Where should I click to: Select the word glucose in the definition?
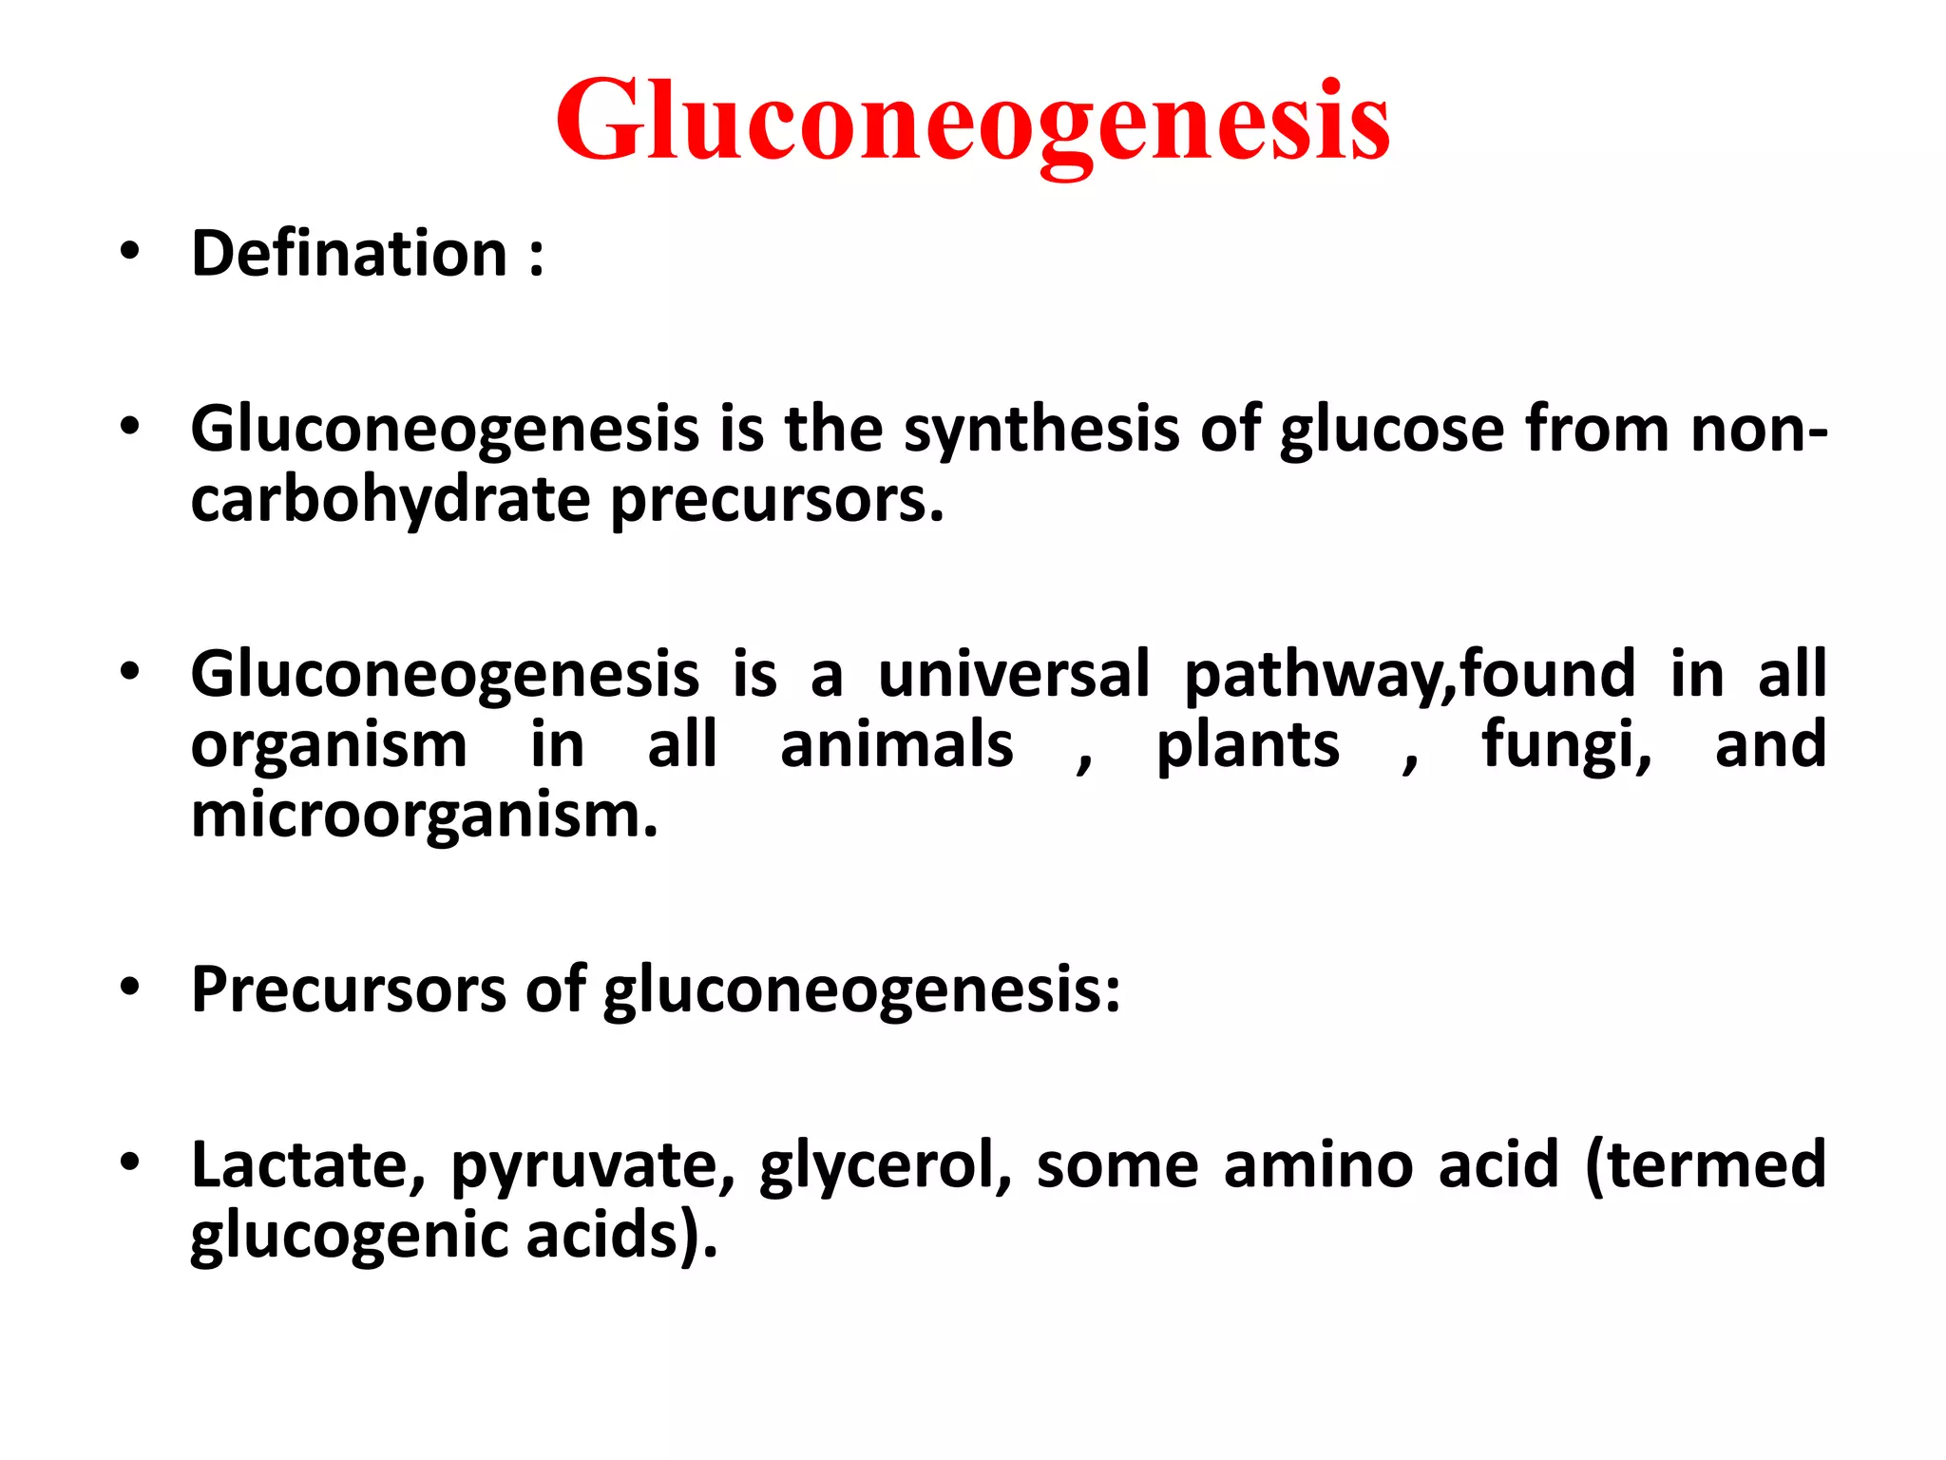[1391, 430]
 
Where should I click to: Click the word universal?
[1013, 674]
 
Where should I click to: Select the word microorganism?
[424, 815]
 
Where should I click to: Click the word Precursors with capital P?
[349, 989]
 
